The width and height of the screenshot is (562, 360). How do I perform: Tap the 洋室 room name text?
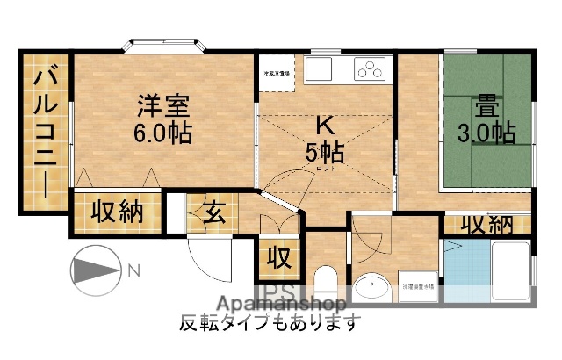163,104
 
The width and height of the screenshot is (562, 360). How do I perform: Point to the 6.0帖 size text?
163,133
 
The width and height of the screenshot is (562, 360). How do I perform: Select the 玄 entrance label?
213,213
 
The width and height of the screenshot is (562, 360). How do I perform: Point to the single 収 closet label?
278,259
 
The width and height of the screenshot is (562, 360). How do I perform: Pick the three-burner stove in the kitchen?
371,68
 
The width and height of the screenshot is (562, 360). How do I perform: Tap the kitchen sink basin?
319,68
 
